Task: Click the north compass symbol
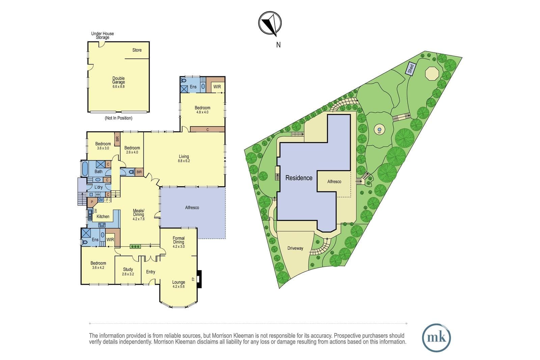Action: [270, 23]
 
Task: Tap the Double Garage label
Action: [118, 80]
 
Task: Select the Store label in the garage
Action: [137, 50]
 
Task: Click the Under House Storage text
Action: [103, 35]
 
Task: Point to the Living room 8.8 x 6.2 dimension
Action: [184, 161]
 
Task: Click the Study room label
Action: [128, 269]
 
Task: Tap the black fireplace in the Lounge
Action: [199, 279]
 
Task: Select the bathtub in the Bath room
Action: [85, 168]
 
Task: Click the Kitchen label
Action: [103, 216]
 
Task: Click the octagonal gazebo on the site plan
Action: [432, 74]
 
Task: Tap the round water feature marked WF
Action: [379, 130]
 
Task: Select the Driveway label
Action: [295, 248]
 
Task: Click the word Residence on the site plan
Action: [299, 178]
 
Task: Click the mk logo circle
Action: [436, 338]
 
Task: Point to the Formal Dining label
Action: [179, 240]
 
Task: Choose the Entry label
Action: [151, 272]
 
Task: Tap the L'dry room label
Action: [98, 187]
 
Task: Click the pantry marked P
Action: [92, 202]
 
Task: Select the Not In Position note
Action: [118, 118]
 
